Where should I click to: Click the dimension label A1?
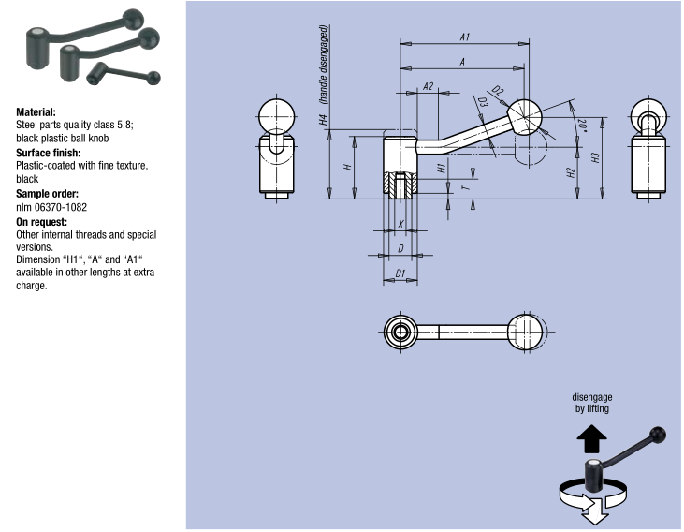pyautogui.click(x=465, y=37)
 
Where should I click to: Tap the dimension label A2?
pyautogui.click(x=428, y=86)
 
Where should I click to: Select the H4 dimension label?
pyautogui.click(x=323, y=121)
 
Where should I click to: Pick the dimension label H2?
pyautogui.click(x=570, y=172)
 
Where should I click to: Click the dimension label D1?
pyautogui.click(x=400, y=273)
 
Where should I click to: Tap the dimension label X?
pyautogui.click(x=401, y=223)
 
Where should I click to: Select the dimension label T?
pyautogui.click(x=465, y=186)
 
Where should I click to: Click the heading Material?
pyautogui.click(x=36, y=111)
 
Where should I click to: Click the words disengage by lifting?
pyautogui.click(x=593, y=403)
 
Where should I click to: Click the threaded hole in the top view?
pyautogui.click(x=400, y=332)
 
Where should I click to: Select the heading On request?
pyautogui.click(x=44, y=221)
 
